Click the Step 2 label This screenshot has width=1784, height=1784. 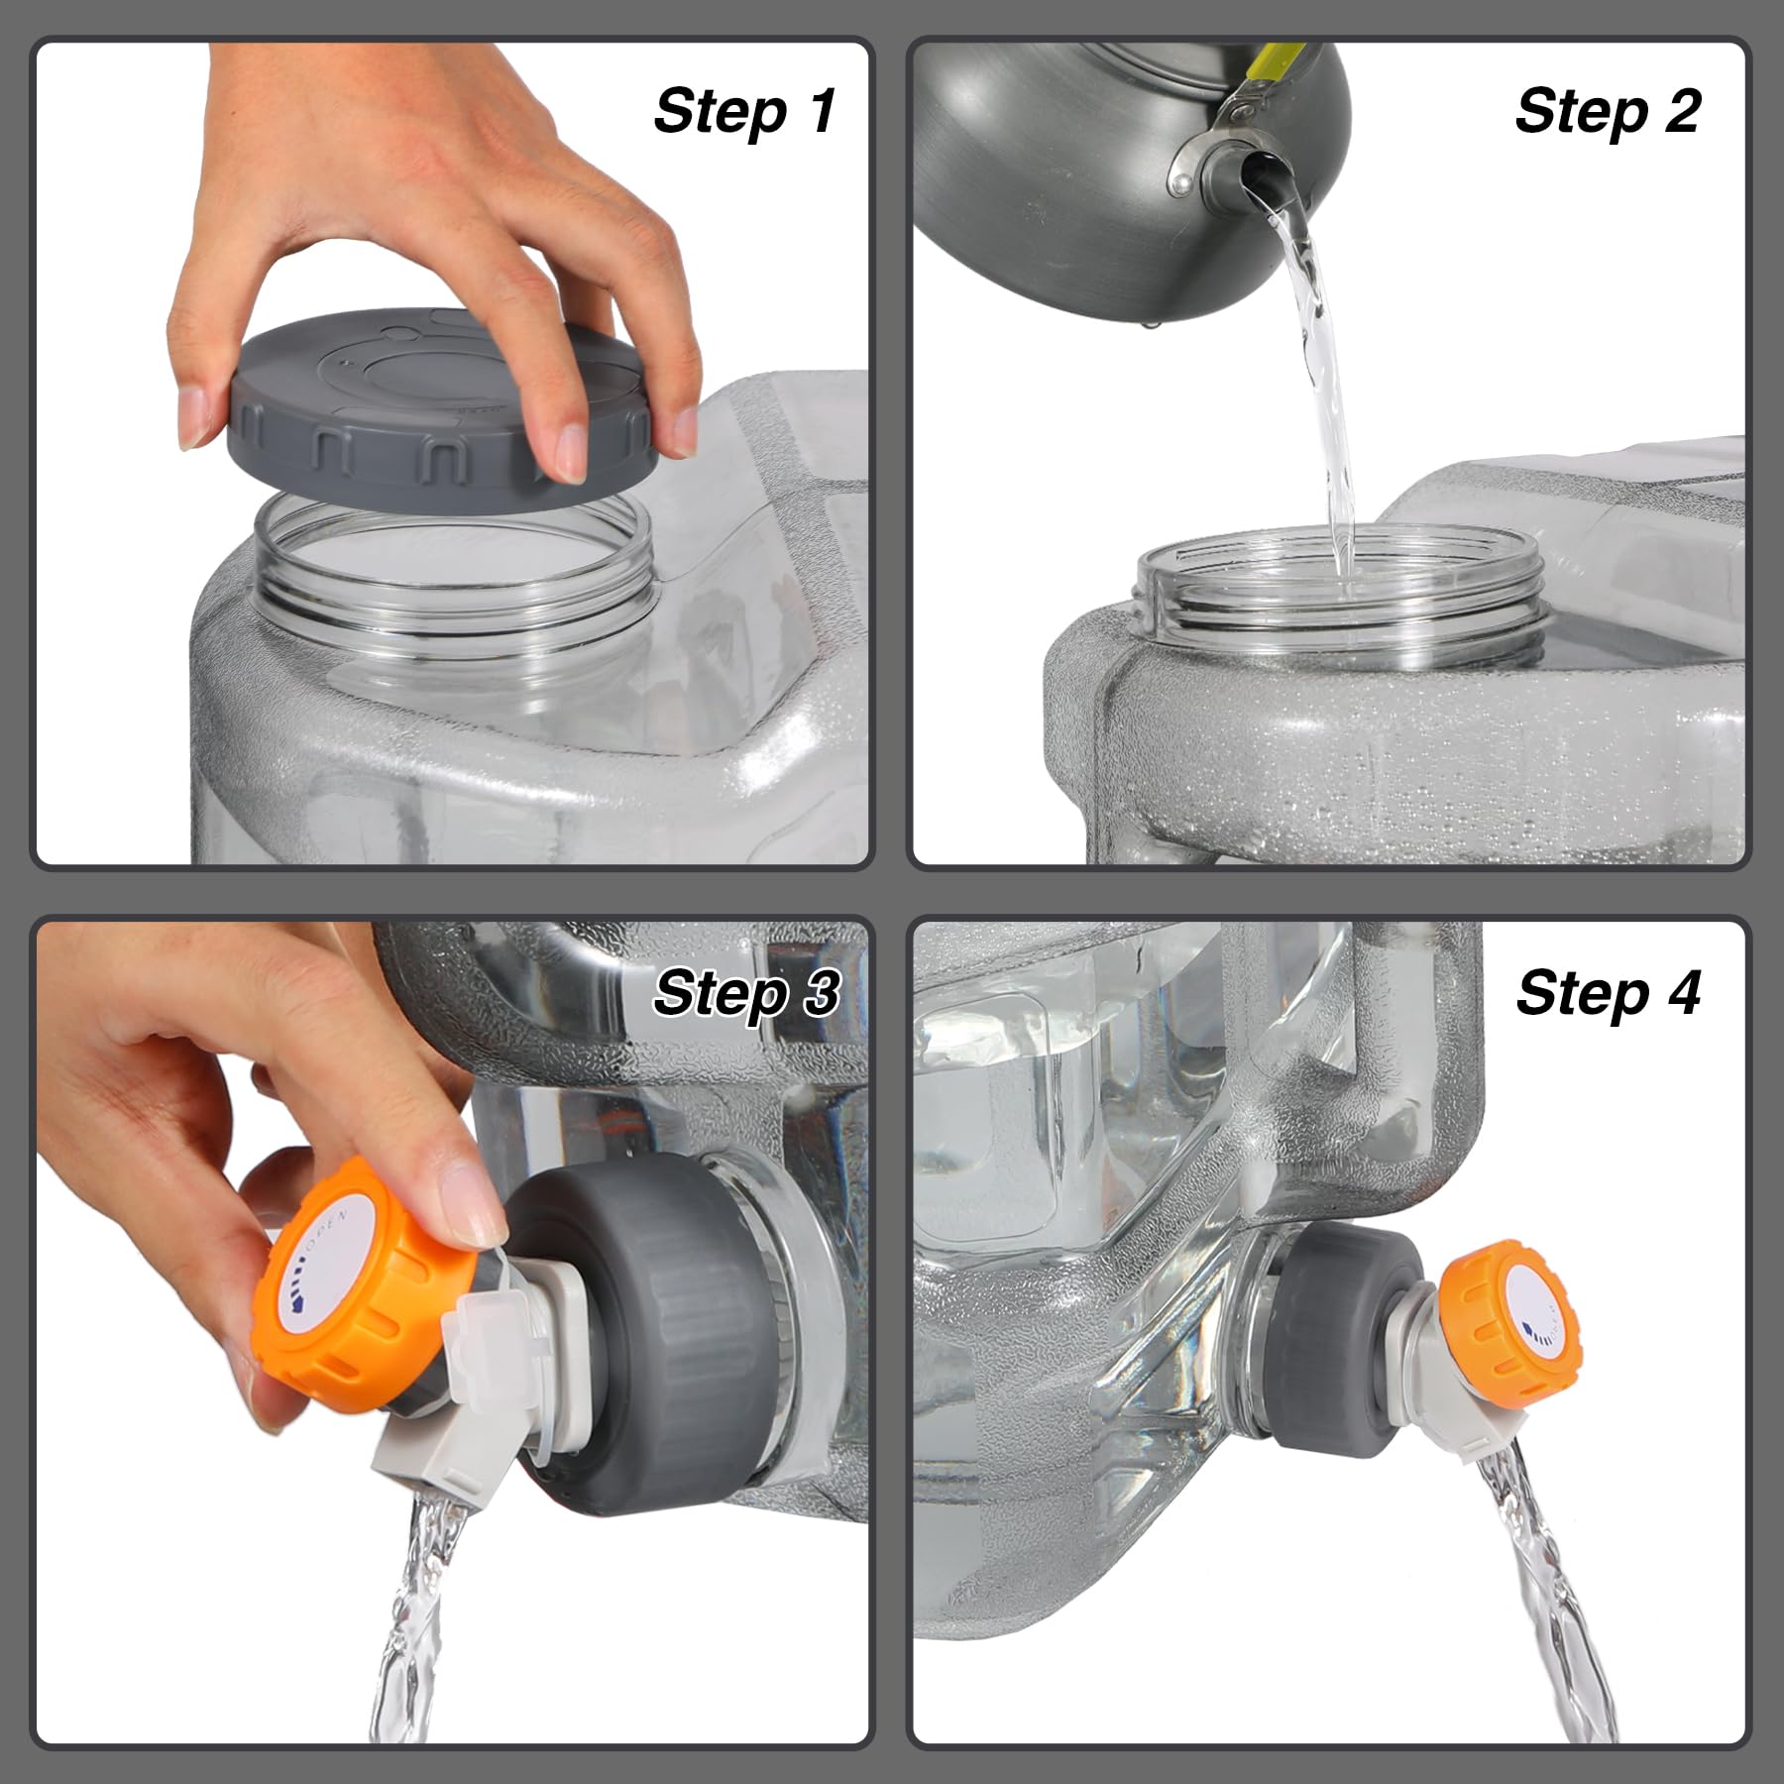(1607, 111)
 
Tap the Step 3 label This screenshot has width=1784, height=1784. (745, 993)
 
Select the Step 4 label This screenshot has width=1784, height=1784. (1607, 993)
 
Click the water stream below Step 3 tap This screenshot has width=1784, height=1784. (416, 1625)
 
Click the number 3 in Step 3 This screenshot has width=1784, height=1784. (820, 993)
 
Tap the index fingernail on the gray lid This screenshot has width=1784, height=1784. (573, 451)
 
